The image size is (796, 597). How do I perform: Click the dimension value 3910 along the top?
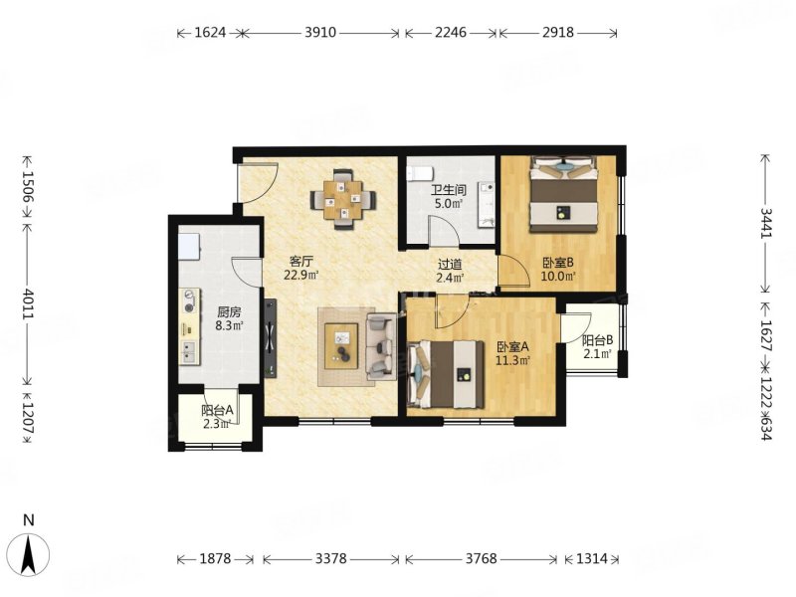point(320,33)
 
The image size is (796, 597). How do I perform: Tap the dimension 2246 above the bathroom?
point(451,33)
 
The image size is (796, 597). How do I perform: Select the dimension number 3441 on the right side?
point(766,222)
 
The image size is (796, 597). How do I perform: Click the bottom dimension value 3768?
point(481,559)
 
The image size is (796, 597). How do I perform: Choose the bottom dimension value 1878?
point(215,559)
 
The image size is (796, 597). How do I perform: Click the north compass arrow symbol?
point(30,555)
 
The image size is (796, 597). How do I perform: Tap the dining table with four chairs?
point(343,199)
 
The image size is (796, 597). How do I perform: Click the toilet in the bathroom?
point(420,172)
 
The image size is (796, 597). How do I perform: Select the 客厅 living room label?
point(300,262)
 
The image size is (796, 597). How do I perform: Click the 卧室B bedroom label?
point(558,263)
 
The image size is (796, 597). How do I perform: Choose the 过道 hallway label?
point(450,264)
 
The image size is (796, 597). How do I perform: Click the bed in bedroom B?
point(563,194)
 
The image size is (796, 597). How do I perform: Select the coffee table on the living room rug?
point(341,346)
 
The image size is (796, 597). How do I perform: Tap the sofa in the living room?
point(381,346)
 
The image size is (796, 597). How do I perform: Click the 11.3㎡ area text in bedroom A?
point(513,361)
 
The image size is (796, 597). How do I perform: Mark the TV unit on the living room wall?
point(270,338)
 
